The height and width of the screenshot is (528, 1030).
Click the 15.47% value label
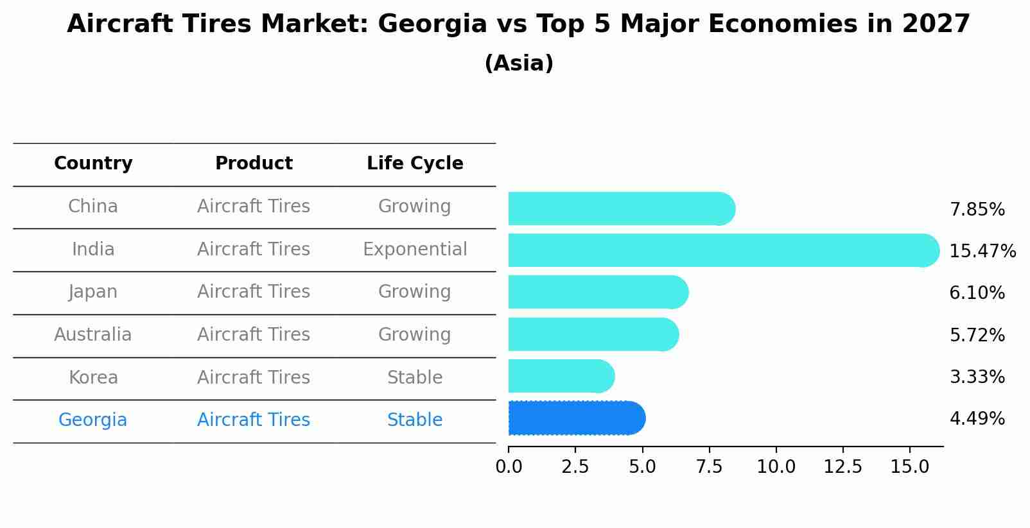click(x=982, y=251)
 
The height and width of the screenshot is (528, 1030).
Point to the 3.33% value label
click(x=977, y=377)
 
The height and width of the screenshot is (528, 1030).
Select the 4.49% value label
click(x=977, y=419)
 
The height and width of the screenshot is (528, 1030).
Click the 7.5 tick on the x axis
click(x=709, y=467)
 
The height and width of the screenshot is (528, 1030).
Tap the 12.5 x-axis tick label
click(x=842, y=467)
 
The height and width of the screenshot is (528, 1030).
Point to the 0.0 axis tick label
click(x=509, y=467)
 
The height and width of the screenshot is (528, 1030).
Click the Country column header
click(x=93, y=164)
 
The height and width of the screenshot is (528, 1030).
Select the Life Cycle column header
click(x=415, y=164)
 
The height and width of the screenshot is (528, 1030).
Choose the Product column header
click(x=254, y=164)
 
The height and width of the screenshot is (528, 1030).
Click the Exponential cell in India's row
click(x=415, y=249)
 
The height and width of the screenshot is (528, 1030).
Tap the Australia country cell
click(x=93, y=334)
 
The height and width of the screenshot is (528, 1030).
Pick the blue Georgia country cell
click(x=93, y=420)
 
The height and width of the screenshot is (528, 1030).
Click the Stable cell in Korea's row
click(x=415, y=377)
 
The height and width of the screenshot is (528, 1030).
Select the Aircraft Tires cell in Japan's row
click(x=254, y=291)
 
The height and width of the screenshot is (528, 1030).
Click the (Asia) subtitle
click(x=519, y=64)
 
